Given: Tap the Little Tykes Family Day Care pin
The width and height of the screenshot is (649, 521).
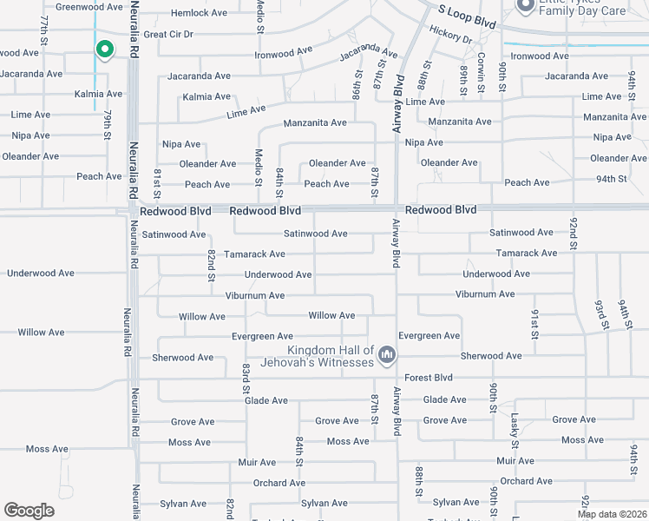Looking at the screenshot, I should tap(524, 7).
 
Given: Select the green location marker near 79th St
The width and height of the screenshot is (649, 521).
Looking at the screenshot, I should tap(104, 50).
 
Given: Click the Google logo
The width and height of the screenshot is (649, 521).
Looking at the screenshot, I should tap(29, 511).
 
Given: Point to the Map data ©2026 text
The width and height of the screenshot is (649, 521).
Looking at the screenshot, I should tap(612, 513).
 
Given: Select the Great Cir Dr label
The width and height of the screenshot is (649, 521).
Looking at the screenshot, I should tap(168, 35).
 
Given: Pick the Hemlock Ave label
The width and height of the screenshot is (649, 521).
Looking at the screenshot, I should tap(199, 13).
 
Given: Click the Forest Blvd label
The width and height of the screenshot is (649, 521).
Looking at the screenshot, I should tap(429, 378).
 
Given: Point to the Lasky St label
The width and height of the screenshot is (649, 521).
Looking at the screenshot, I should tap(515, 432).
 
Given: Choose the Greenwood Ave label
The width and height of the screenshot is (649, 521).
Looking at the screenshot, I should tap(88, 7).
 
